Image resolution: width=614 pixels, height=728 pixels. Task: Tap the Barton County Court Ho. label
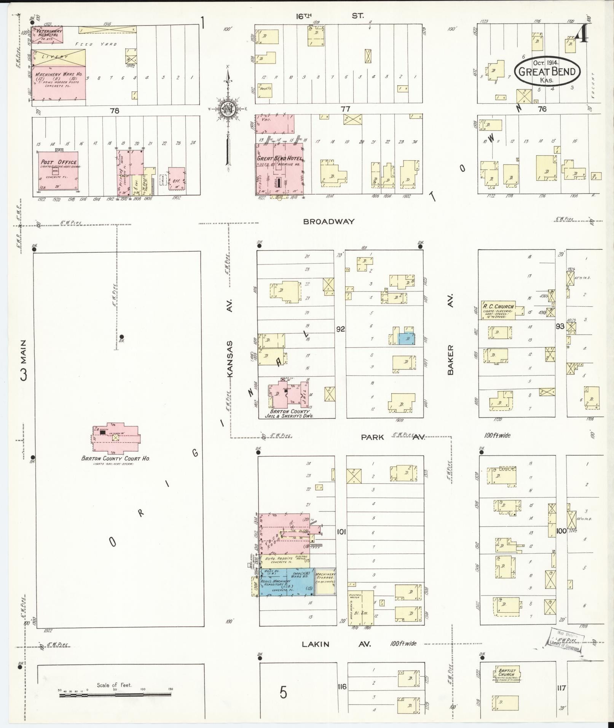click(x=115, y=458)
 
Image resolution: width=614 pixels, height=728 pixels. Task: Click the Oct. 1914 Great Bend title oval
click(x=547, y=71)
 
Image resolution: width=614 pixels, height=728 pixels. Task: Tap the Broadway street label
click(x=329, y=221)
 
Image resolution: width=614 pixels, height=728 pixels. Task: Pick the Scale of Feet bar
click(x=115, y=695)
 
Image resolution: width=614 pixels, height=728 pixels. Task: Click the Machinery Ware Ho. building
click(x=58, y=83)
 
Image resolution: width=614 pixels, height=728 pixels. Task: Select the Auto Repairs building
click(x=284, y=560)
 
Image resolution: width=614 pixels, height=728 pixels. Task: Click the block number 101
click(x=341, y=532)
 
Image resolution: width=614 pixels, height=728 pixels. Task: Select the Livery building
click(x=58, y=57)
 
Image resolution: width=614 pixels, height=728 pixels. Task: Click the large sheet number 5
click(x=283, y=692)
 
